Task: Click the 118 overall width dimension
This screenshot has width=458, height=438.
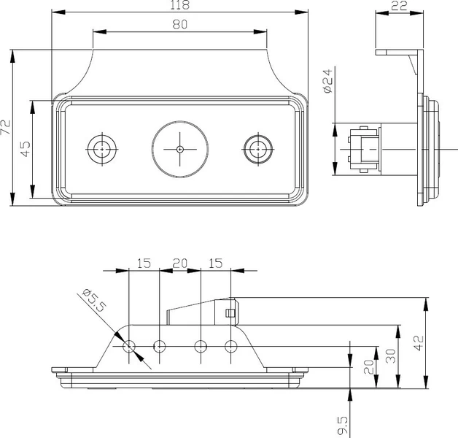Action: pyautogui.click(x=179, y=5)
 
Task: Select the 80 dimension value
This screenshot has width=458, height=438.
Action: pyautogui.click(x=179, y=24)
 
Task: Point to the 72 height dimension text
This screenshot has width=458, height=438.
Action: pyautogui.click(x=6, y=127)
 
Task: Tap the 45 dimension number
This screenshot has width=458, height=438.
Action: pyautogui.click(x=26, y=149)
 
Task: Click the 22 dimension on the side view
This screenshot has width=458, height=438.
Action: pyautogui.click(x=399, y=6)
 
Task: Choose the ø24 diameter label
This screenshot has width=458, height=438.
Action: pyautogui.click(x=328, y=81)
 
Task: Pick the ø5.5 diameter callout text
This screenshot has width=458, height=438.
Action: pyautogui.click(x=94, y=300)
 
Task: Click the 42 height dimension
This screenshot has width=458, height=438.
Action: pyautogui.click(x=419, y=343)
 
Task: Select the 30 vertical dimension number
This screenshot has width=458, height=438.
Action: pyautogui.click(x=391, y=356)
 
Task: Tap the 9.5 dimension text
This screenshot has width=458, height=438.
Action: pyautogui.click(x=343, y=426)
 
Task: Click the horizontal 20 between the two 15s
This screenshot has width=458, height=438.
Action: pyautogui.click(x=179, y=264)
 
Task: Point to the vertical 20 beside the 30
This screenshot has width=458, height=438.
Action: pyautogui.click(x=368, y=367)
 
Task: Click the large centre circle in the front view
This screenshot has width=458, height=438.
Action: pyautogui.click(x=180, y=120)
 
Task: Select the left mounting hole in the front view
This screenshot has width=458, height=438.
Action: pyautogui.click(x=102, y=135)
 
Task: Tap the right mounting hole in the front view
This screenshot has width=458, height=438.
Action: pyautogui.click(x=258, y=135)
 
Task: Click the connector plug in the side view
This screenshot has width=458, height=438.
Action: pyautogui.click(x=365, y=149)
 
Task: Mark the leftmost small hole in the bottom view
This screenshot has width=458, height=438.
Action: pyautogui.click(x=129, y=341)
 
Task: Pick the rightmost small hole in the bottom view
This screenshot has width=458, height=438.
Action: pyautogui.click(x=231, y=341)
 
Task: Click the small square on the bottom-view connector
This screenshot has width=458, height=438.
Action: pyautogui.click(x=230, y=313)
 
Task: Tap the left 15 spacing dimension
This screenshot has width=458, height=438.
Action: pyautogui.click(x=144, y=264)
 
